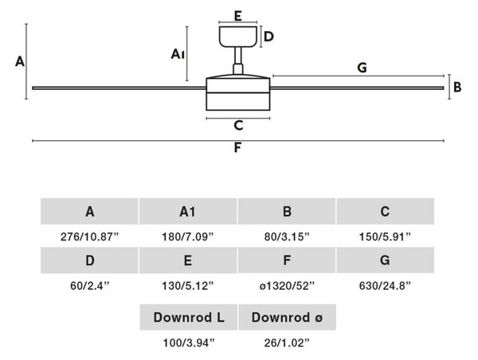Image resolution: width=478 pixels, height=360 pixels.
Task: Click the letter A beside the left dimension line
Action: (x=20, y=61)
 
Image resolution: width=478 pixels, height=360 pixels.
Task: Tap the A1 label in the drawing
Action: (x=178, y=54)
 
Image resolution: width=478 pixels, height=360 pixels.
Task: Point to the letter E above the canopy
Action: (x=238, y=16)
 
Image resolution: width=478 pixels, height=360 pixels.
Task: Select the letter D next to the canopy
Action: (x=268, y=37)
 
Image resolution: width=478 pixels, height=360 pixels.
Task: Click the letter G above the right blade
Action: (x=362, y=68)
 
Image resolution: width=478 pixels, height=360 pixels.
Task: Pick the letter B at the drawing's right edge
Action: (x=457, y=87)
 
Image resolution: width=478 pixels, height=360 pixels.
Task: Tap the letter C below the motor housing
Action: (x=238, y=125)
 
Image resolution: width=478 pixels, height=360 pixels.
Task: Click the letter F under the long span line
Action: (x=237, y=147)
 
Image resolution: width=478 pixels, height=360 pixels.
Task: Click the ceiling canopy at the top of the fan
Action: (x=237, y=37)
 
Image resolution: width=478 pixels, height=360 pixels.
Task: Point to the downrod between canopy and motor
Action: (x=238, y=61)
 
